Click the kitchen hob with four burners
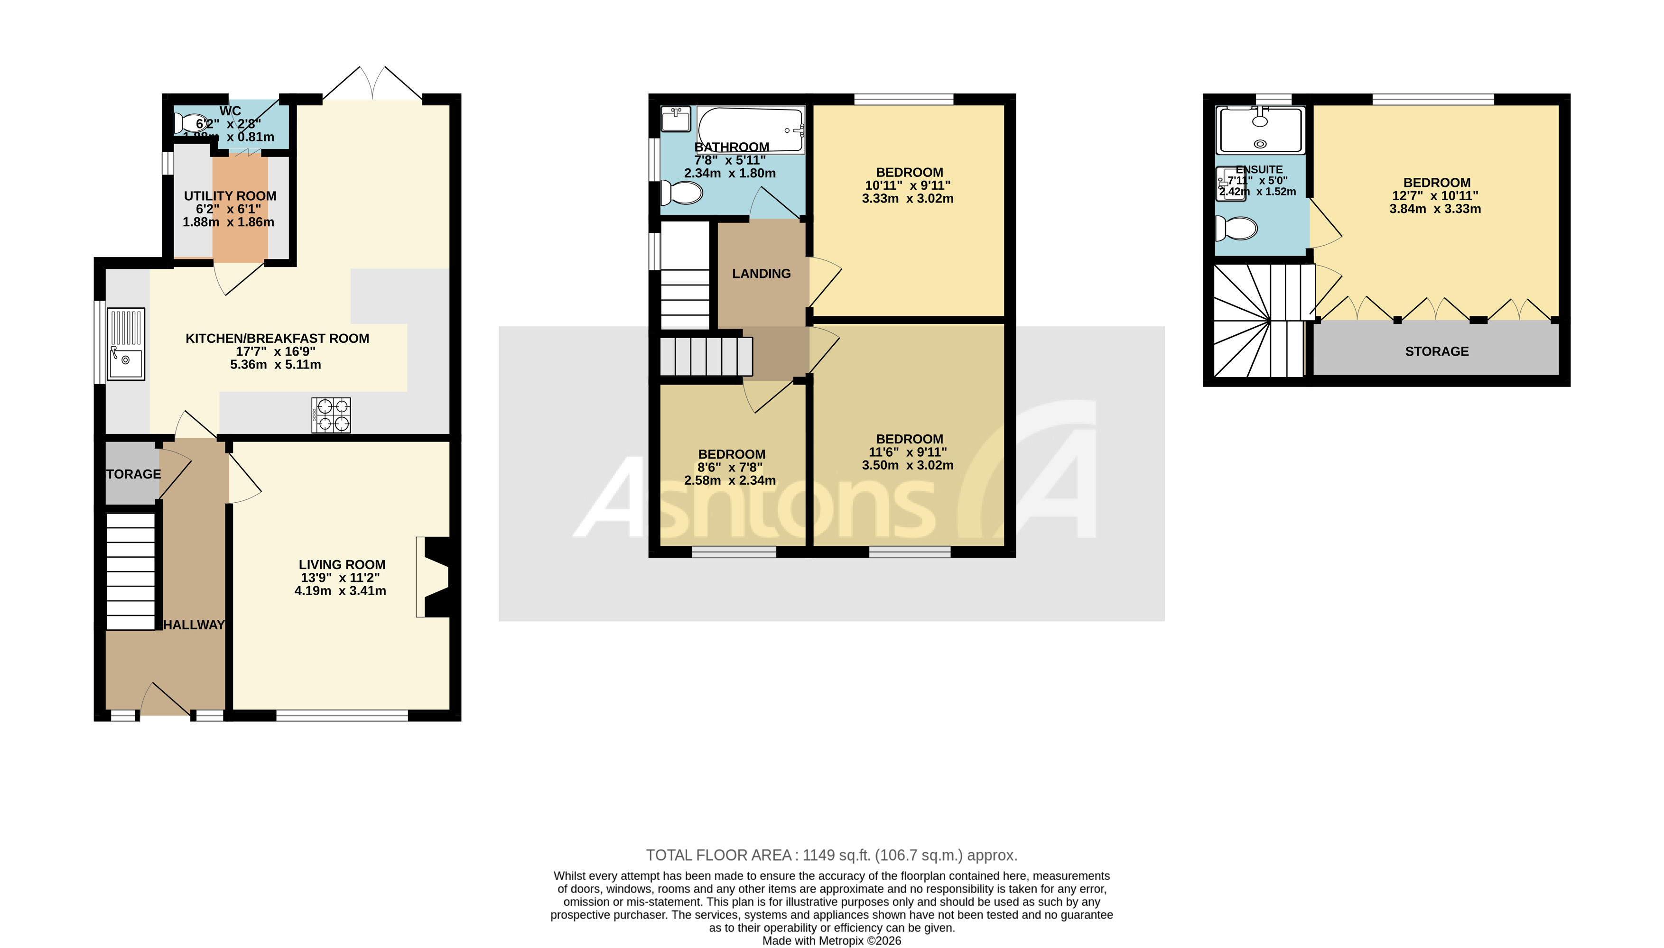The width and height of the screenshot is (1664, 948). coord(331,415)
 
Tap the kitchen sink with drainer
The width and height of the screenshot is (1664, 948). coord(126,344)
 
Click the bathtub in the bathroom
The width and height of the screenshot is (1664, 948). coord(751,129)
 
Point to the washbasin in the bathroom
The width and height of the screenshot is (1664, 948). coord(675,119)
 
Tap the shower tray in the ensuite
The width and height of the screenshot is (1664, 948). coord(1260,131)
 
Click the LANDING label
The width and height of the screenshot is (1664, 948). coord(761,274)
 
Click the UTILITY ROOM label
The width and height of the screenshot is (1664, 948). coord(230,196)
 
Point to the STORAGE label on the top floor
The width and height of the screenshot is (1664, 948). coord(1436,351)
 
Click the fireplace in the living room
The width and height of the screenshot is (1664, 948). coord(435,576)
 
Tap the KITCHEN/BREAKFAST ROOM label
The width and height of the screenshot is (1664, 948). coord(277,338)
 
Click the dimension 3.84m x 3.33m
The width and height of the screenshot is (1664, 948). coord(1435,209)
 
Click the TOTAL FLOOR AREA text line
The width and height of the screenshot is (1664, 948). coord(831,855)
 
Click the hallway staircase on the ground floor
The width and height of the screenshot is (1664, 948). coord(130,571)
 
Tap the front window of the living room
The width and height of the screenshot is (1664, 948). coord(342,716)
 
